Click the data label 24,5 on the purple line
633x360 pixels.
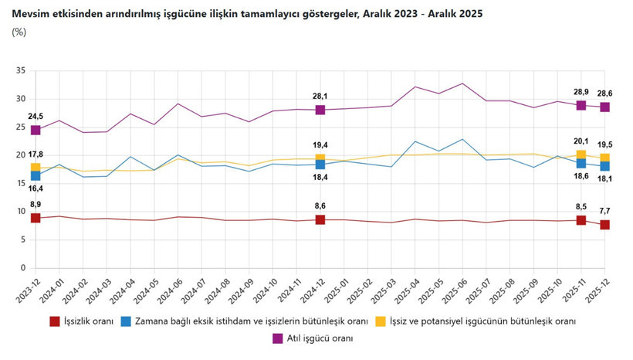click(x=36, y=117)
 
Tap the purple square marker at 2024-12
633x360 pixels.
click(x=320, y=110)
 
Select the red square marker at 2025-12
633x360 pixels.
click(x=604, y=225)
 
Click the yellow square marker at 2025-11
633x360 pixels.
click(x=581, y=155)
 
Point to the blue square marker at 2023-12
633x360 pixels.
click(x=36, y=176)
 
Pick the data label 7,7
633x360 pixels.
click(x=604, y=211)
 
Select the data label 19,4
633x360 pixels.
click(x=320, y=145)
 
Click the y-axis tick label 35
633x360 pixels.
click(x=20, y=71)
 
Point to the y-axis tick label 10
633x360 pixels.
click(x=20, y=212)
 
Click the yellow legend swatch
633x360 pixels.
click(x=380, y=321)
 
